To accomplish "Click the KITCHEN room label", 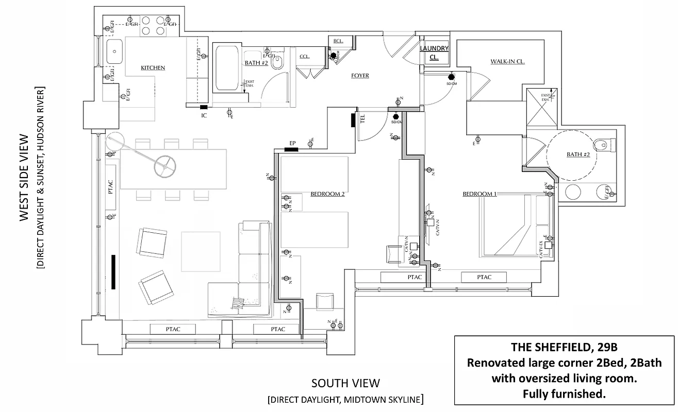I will click(x=153, y=68).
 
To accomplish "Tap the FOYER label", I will click(x=360, y=76).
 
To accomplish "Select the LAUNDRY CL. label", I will click(x=434, y=53).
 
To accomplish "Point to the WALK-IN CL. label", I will click(x=507, y=62).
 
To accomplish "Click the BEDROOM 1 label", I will click(x=479, y=194).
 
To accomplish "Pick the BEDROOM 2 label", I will click(x=327, y=194).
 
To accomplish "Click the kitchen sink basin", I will click(x=114, y=50).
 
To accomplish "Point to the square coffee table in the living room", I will click(x=201, y=251).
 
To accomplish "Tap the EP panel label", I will click(x=292, y=143).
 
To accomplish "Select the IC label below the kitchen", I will click(x=204, y=116).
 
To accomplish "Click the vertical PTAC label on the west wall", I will click(x=111, y=186).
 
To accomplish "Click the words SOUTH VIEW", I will click(x=345, y=383).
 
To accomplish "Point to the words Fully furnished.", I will click(x=564, y=394).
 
